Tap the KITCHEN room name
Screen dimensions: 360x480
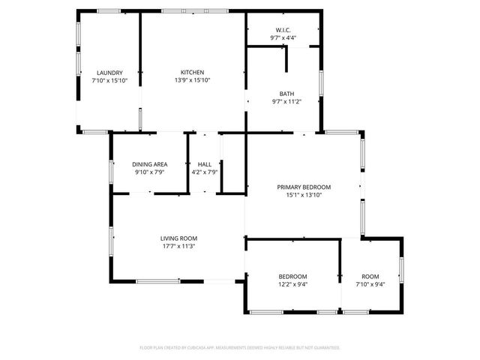point(192,72)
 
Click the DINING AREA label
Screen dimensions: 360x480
point(149,164)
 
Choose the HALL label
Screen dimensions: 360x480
point(204,164)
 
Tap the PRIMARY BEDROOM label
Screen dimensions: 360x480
point(304,187)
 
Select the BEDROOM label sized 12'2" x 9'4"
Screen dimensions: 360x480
point(293,277)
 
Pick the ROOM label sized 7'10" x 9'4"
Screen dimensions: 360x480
point(370,277)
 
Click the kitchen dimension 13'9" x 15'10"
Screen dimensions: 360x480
point(192,80)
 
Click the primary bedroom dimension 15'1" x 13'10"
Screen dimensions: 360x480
point(304,195)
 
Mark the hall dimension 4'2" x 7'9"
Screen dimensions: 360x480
point(204,172)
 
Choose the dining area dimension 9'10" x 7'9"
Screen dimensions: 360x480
point(149,172)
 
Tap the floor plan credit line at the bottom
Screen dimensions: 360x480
point(240,347)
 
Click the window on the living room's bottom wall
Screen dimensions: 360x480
point(157,281)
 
